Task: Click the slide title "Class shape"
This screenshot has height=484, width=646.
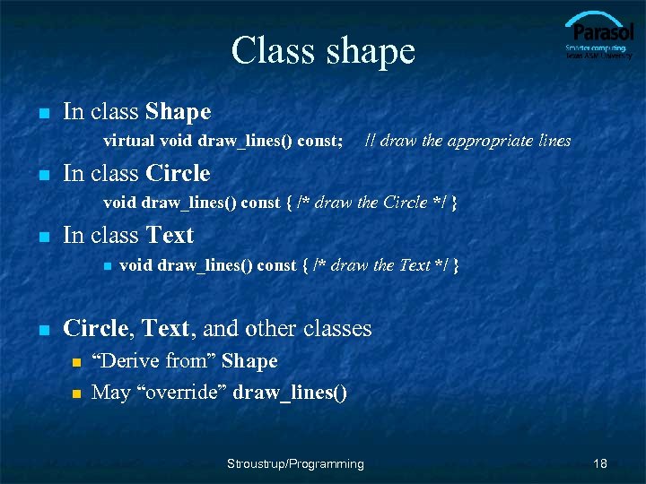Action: point(323,51)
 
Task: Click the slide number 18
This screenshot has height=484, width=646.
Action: point(600,463)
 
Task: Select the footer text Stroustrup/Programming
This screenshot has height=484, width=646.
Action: point(295,463)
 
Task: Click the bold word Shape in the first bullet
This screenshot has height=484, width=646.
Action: point(178,112)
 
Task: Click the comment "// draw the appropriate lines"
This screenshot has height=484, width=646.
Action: point(467,140)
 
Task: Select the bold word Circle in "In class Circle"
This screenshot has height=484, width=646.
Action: point(178,173)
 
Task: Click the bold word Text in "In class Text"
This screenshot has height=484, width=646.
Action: point(170,235)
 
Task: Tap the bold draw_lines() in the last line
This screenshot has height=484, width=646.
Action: point(290,392)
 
